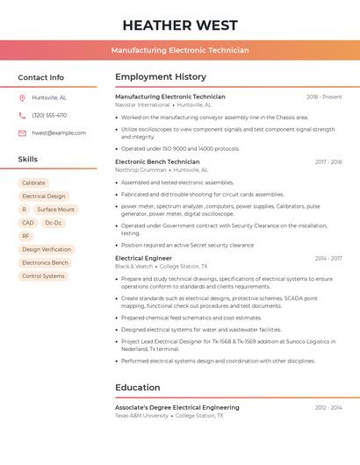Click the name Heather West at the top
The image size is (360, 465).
tap(180, 25)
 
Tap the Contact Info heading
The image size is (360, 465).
tap(41, 77)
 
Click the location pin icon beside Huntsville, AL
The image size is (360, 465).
tap(22, 98)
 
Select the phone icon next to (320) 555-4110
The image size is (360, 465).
tap(22, 116)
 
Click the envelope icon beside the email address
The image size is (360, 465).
tap(22, 133)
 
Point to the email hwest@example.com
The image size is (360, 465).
tap(59, 133)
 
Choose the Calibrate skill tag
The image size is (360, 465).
tap(33, 183)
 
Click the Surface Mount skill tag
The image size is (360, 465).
tap(55, 210)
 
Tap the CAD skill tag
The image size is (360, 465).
tap(28, 223)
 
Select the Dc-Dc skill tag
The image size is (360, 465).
tap(54, 223)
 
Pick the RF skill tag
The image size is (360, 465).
tap(25, 236)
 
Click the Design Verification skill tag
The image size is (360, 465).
tap(47, 249)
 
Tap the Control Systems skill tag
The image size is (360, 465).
tap(43, 275)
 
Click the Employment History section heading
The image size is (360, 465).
tap(161, 77)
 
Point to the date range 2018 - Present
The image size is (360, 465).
tap(324, 97)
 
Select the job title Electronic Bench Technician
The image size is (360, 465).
tap(157, 161)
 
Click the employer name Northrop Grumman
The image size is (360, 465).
tap(140, 170)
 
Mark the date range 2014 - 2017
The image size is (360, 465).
tap(328, 258)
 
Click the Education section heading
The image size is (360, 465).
tap(138, 388)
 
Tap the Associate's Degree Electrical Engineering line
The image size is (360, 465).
tap(177, 407)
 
